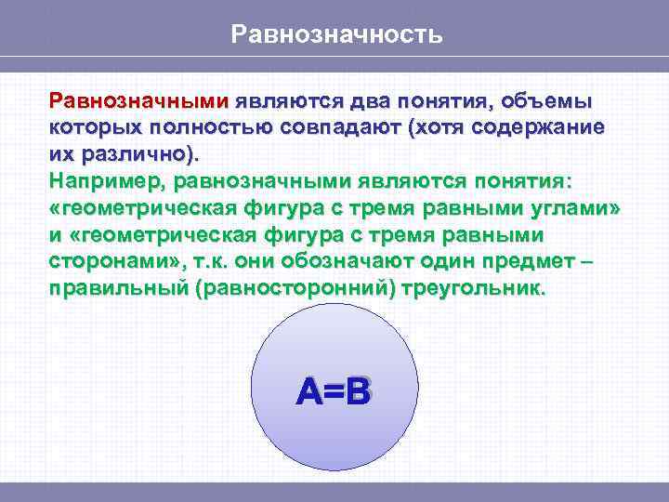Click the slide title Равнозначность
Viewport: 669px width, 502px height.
[x=336, y=35]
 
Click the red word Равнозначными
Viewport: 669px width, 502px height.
[x=139, y=100]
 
